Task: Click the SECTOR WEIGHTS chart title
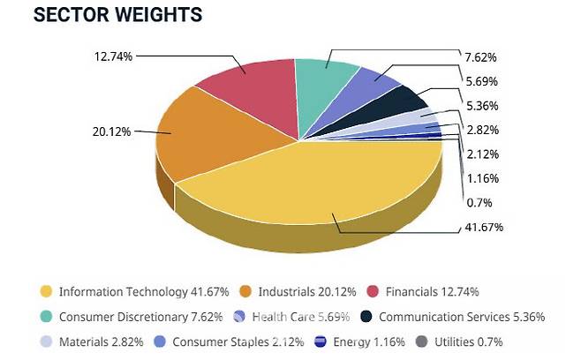click(117, 16)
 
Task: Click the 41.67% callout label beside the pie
click(483, 228)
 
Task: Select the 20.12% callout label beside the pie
click(111, 131)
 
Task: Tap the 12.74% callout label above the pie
click(112, 56)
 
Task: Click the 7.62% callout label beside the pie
click(481, 57)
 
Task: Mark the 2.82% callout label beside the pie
click(481, 130)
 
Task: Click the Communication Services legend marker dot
click(366, 316)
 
